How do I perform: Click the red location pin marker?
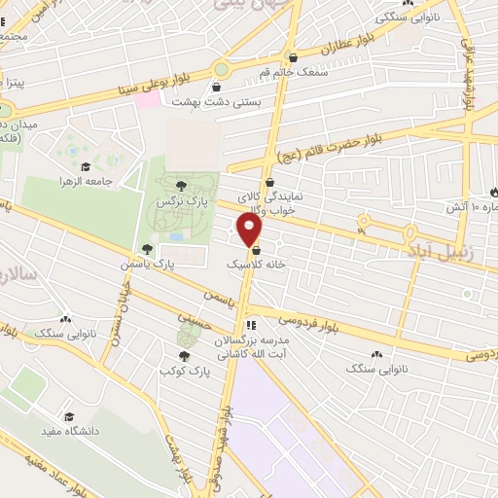coord(250,230)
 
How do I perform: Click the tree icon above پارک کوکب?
coord(185,355)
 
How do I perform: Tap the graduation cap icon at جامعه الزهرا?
coord(85,166)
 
